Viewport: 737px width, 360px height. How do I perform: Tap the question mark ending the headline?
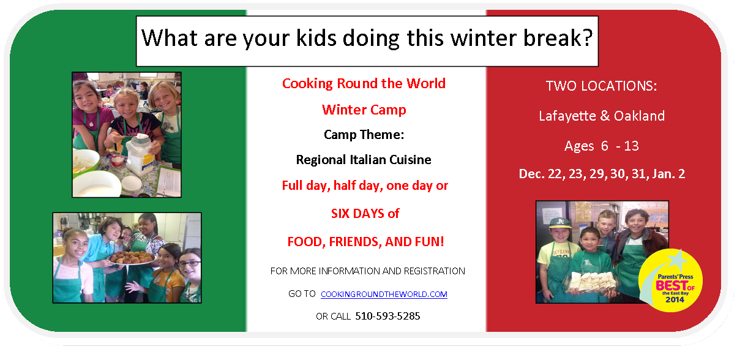coord(588,37)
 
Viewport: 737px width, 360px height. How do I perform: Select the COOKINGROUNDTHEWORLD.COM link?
coord(384,294)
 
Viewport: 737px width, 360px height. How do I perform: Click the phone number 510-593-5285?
coord(387,317)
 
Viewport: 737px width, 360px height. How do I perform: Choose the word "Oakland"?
coord(639,116)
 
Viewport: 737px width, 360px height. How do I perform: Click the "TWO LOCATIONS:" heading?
coord(602,86)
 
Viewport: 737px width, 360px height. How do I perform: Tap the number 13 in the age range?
coord(631,146)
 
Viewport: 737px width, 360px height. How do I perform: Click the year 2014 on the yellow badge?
coord(675,300)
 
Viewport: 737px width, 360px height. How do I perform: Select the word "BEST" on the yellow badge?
coord(672,285)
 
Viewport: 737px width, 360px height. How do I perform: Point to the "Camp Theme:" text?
coord(364,135)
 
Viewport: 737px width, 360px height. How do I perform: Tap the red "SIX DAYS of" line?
coord(365,214)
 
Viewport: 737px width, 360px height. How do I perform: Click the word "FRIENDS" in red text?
coord(356,242)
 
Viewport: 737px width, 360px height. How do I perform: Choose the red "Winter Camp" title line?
coord(364,110)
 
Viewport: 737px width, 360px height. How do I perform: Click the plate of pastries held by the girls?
coord(132,258)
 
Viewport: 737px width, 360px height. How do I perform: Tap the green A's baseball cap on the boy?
coord(560,223)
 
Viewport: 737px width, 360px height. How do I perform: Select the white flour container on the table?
coord(140,155)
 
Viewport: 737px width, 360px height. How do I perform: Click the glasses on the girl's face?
coord(189,263)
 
